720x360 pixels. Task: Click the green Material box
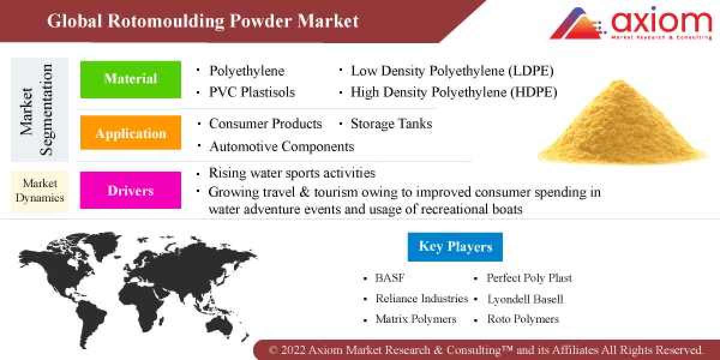[x=131, y=79]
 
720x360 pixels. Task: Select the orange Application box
[x=131, y=133]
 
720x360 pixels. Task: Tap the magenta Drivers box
[x=131, y=191]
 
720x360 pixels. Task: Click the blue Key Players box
[x=455, y=247]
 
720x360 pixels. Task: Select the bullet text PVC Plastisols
[x=252, y=92]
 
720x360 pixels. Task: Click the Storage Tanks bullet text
[x=391, y=124]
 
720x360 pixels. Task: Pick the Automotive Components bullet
[x=281, y=146]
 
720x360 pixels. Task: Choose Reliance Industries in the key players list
[x=421, y=298]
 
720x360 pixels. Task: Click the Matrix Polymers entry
[x=415, y=319]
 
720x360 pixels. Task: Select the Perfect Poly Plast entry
[x=529, y=278]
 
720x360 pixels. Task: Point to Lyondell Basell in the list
[x=525, y=299]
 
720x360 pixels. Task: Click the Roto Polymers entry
[x=523, y=319]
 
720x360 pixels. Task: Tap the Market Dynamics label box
[x=40, y=191]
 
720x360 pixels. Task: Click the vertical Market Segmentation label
[x=36, y=110]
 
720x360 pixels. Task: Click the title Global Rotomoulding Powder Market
[x=203, y=22]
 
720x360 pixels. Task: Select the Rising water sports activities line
[x=292, y=173]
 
